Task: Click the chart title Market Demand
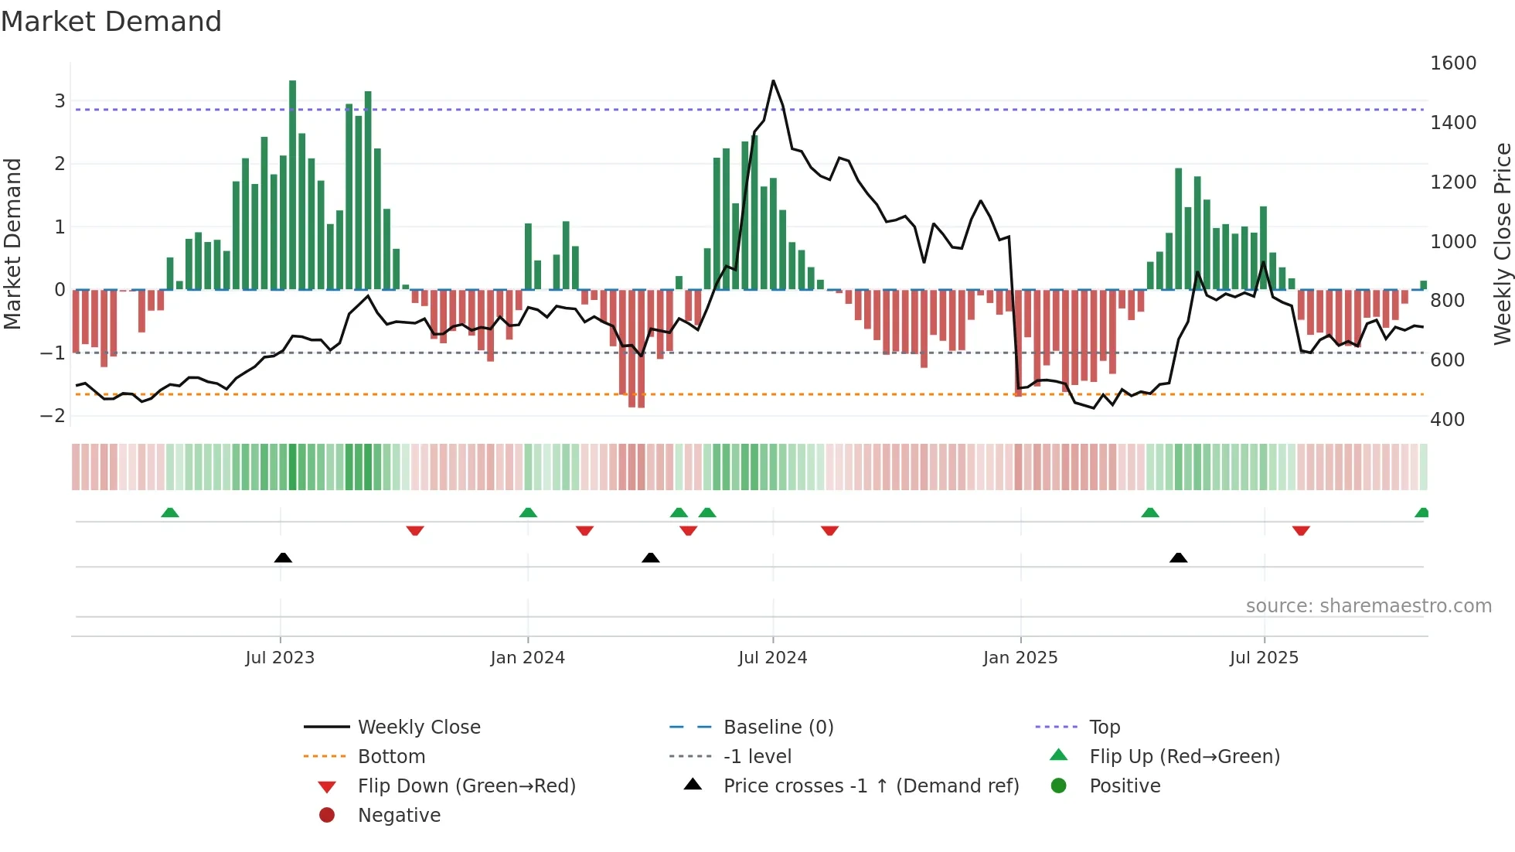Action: point(111,22)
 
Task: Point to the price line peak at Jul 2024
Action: point(773,81)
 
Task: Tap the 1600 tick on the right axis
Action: point(1453,63)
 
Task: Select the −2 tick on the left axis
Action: point(53,415)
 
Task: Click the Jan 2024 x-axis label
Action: point(528,658)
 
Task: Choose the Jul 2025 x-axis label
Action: point(1265,658)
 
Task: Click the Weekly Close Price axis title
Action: point(1502,244)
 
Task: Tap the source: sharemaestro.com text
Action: point(1368,606)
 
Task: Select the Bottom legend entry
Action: point(391,756)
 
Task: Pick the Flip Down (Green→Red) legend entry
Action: point(466,786)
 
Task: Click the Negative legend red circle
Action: point(327,815)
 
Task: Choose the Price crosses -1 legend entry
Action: point(871,786)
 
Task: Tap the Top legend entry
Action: point(1105,727)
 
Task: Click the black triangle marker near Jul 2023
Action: point(283,557)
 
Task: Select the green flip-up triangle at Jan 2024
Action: point(528,513)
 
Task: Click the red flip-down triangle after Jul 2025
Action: point(1301,530)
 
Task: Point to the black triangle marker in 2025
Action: point(1178,557)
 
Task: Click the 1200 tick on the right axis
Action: point(1453,182)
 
